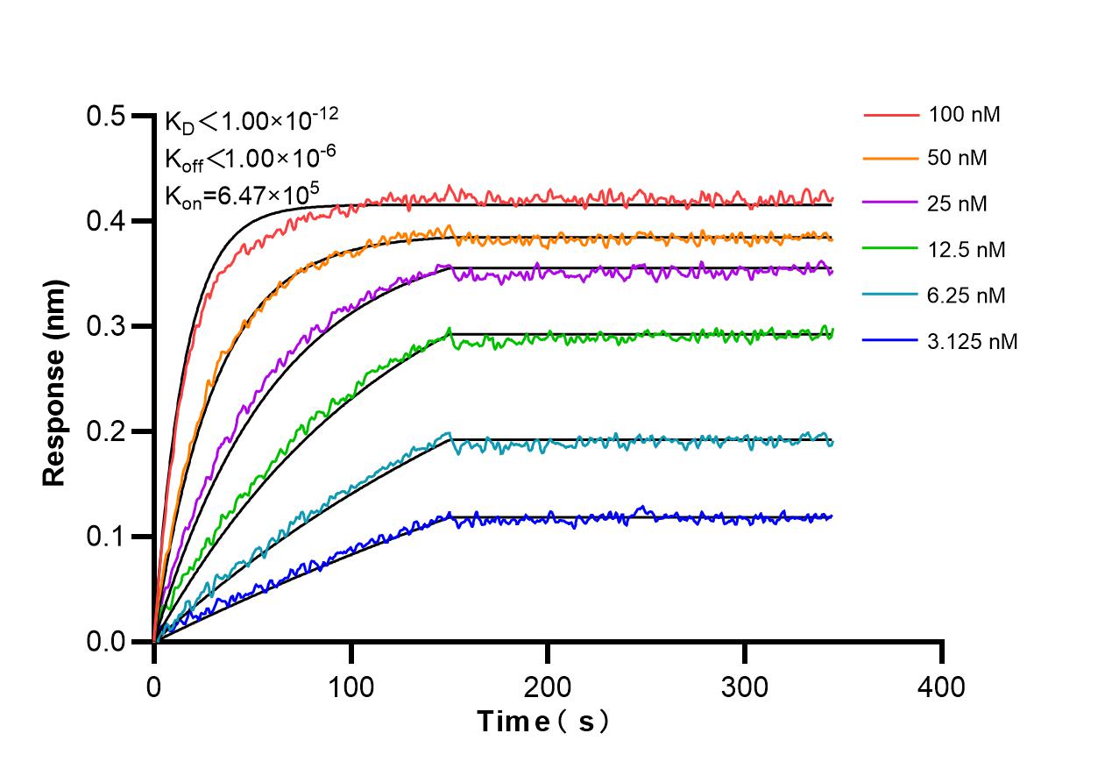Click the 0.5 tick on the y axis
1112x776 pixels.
coord(106,117)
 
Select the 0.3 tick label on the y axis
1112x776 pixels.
coord(106,326)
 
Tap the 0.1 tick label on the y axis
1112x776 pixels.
coord(106,537)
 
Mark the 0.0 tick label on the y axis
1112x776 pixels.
coord(106,642)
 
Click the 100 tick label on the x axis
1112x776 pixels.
coord(351,687)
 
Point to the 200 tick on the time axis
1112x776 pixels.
coord(548,687)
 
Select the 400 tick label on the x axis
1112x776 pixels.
coord(941,687)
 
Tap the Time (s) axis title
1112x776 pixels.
coord(543,723)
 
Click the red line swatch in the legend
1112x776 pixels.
coord(891,114)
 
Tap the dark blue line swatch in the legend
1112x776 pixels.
coord(891,341)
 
